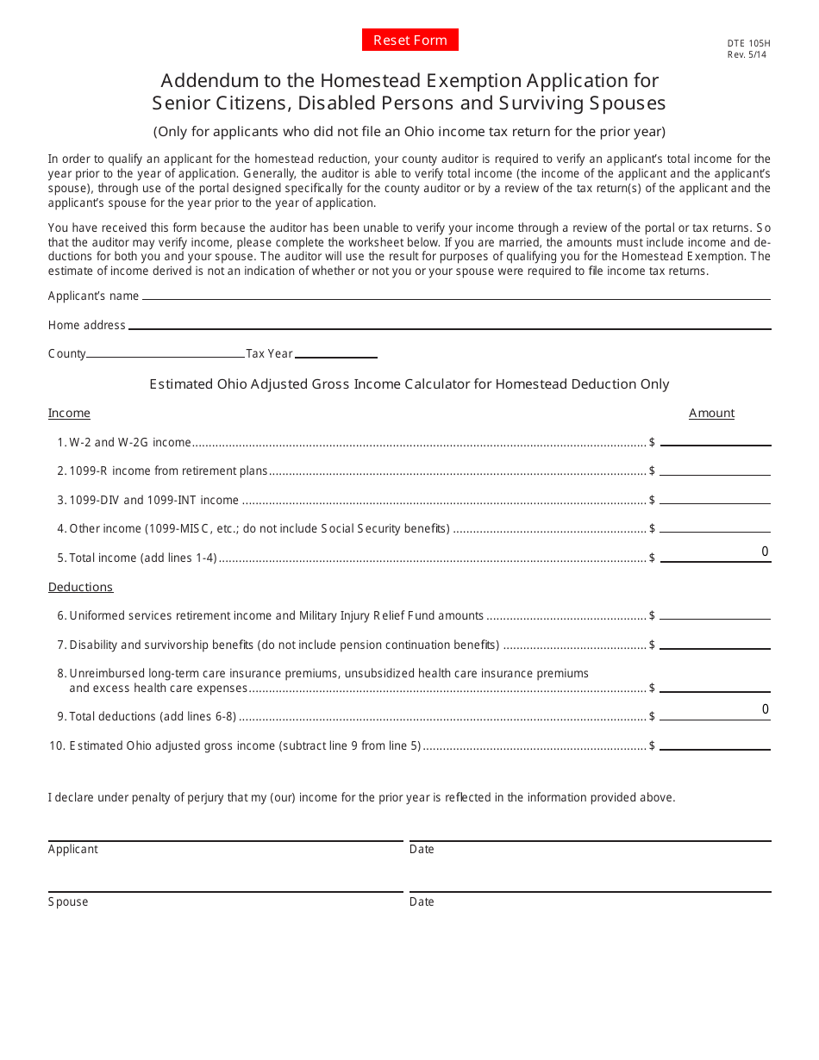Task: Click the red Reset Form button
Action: [x=409, y=41]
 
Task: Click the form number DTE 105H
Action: [x=747, y=42]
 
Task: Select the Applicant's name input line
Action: [x=456, y=293]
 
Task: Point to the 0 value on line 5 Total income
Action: [x=764, y=552]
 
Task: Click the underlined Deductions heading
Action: [x=80, y=587]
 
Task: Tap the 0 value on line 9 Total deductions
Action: [x=764, y=710]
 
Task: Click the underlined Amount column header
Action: [x=711, y=414]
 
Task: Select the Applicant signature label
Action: [x=73, y=850]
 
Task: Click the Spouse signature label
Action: [x=68, y=902]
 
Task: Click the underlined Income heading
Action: [x=69, y=414]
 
